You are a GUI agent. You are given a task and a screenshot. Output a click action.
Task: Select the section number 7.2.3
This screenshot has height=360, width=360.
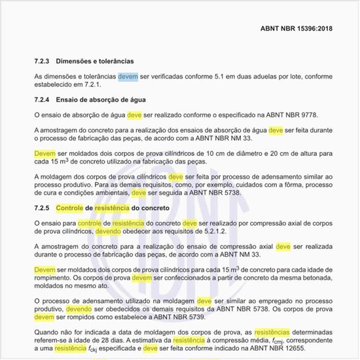click(x=42, y=60)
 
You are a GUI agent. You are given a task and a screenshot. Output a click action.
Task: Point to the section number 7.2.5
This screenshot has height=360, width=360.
click(x=42, y=207)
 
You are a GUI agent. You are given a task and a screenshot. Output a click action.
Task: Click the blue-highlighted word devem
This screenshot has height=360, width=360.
click(x=128, y=77)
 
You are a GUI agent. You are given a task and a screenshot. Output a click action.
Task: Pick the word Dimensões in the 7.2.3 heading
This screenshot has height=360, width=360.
click(x=76, y=60)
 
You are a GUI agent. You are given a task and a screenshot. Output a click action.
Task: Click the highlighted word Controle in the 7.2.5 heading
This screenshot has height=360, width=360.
click(x=69, y=207)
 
